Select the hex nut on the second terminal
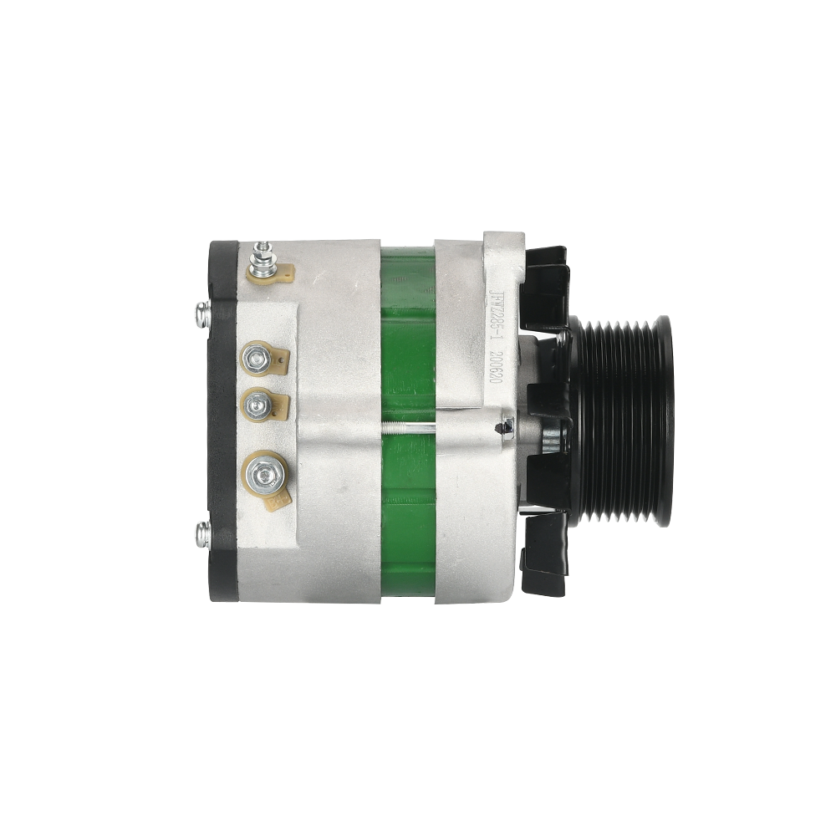click(x=254, y=360)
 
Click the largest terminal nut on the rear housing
click(x=264, y=474)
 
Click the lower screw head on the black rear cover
click(x=202, y=533)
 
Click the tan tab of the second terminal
click(x=280, y=360)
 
